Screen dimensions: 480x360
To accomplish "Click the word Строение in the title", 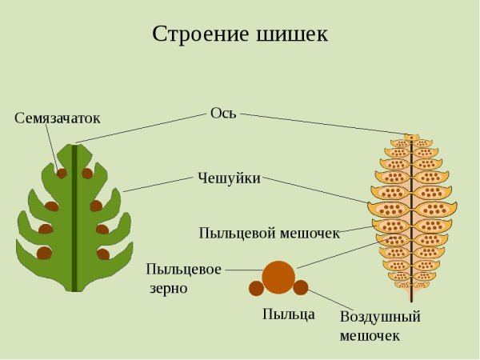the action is (194, 35).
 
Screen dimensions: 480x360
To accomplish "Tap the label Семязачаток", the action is (58, 118).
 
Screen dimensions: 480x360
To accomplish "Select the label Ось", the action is (223, 113).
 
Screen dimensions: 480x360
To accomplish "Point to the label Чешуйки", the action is (229, 178).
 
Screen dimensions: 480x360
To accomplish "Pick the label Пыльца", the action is (289, 314).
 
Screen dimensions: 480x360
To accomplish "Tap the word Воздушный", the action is (380, 316).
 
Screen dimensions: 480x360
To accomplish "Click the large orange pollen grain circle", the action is (278, 276).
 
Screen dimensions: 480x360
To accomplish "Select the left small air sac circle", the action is (256, 288).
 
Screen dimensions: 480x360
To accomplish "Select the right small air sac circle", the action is (301, 288).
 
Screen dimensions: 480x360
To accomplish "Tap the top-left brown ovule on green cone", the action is (62, 173).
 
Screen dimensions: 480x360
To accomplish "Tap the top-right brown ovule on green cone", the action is (87, 173).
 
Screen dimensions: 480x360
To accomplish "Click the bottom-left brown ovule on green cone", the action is (45, 253).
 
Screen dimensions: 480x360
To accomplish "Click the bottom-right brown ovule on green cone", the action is (103, 254).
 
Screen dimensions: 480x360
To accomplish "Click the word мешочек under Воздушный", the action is (369, 335).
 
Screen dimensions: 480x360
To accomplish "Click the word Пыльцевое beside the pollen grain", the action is (184, 270).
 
